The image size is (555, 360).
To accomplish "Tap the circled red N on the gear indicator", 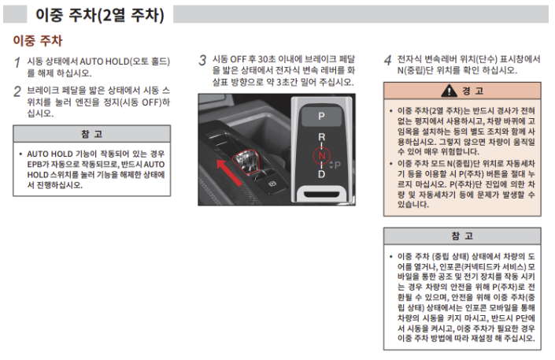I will [x=321, y=155].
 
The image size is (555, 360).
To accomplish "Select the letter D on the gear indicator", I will [x=321, y=173].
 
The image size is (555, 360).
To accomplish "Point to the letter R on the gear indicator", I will [x=321, y=137].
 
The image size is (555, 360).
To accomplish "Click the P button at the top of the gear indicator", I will [x=321, y=115].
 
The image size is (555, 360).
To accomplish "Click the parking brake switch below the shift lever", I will [x=272, y=183].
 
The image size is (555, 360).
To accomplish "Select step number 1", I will [x=17, y=62].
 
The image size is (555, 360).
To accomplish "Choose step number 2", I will [x=17, y=91].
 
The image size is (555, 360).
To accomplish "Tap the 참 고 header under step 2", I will [x=92, y=133].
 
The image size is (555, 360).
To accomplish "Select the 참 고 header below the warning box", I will [x=462, y=236].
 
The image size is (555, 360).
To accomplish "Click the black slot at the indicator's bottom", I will [x=321, y=192].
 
